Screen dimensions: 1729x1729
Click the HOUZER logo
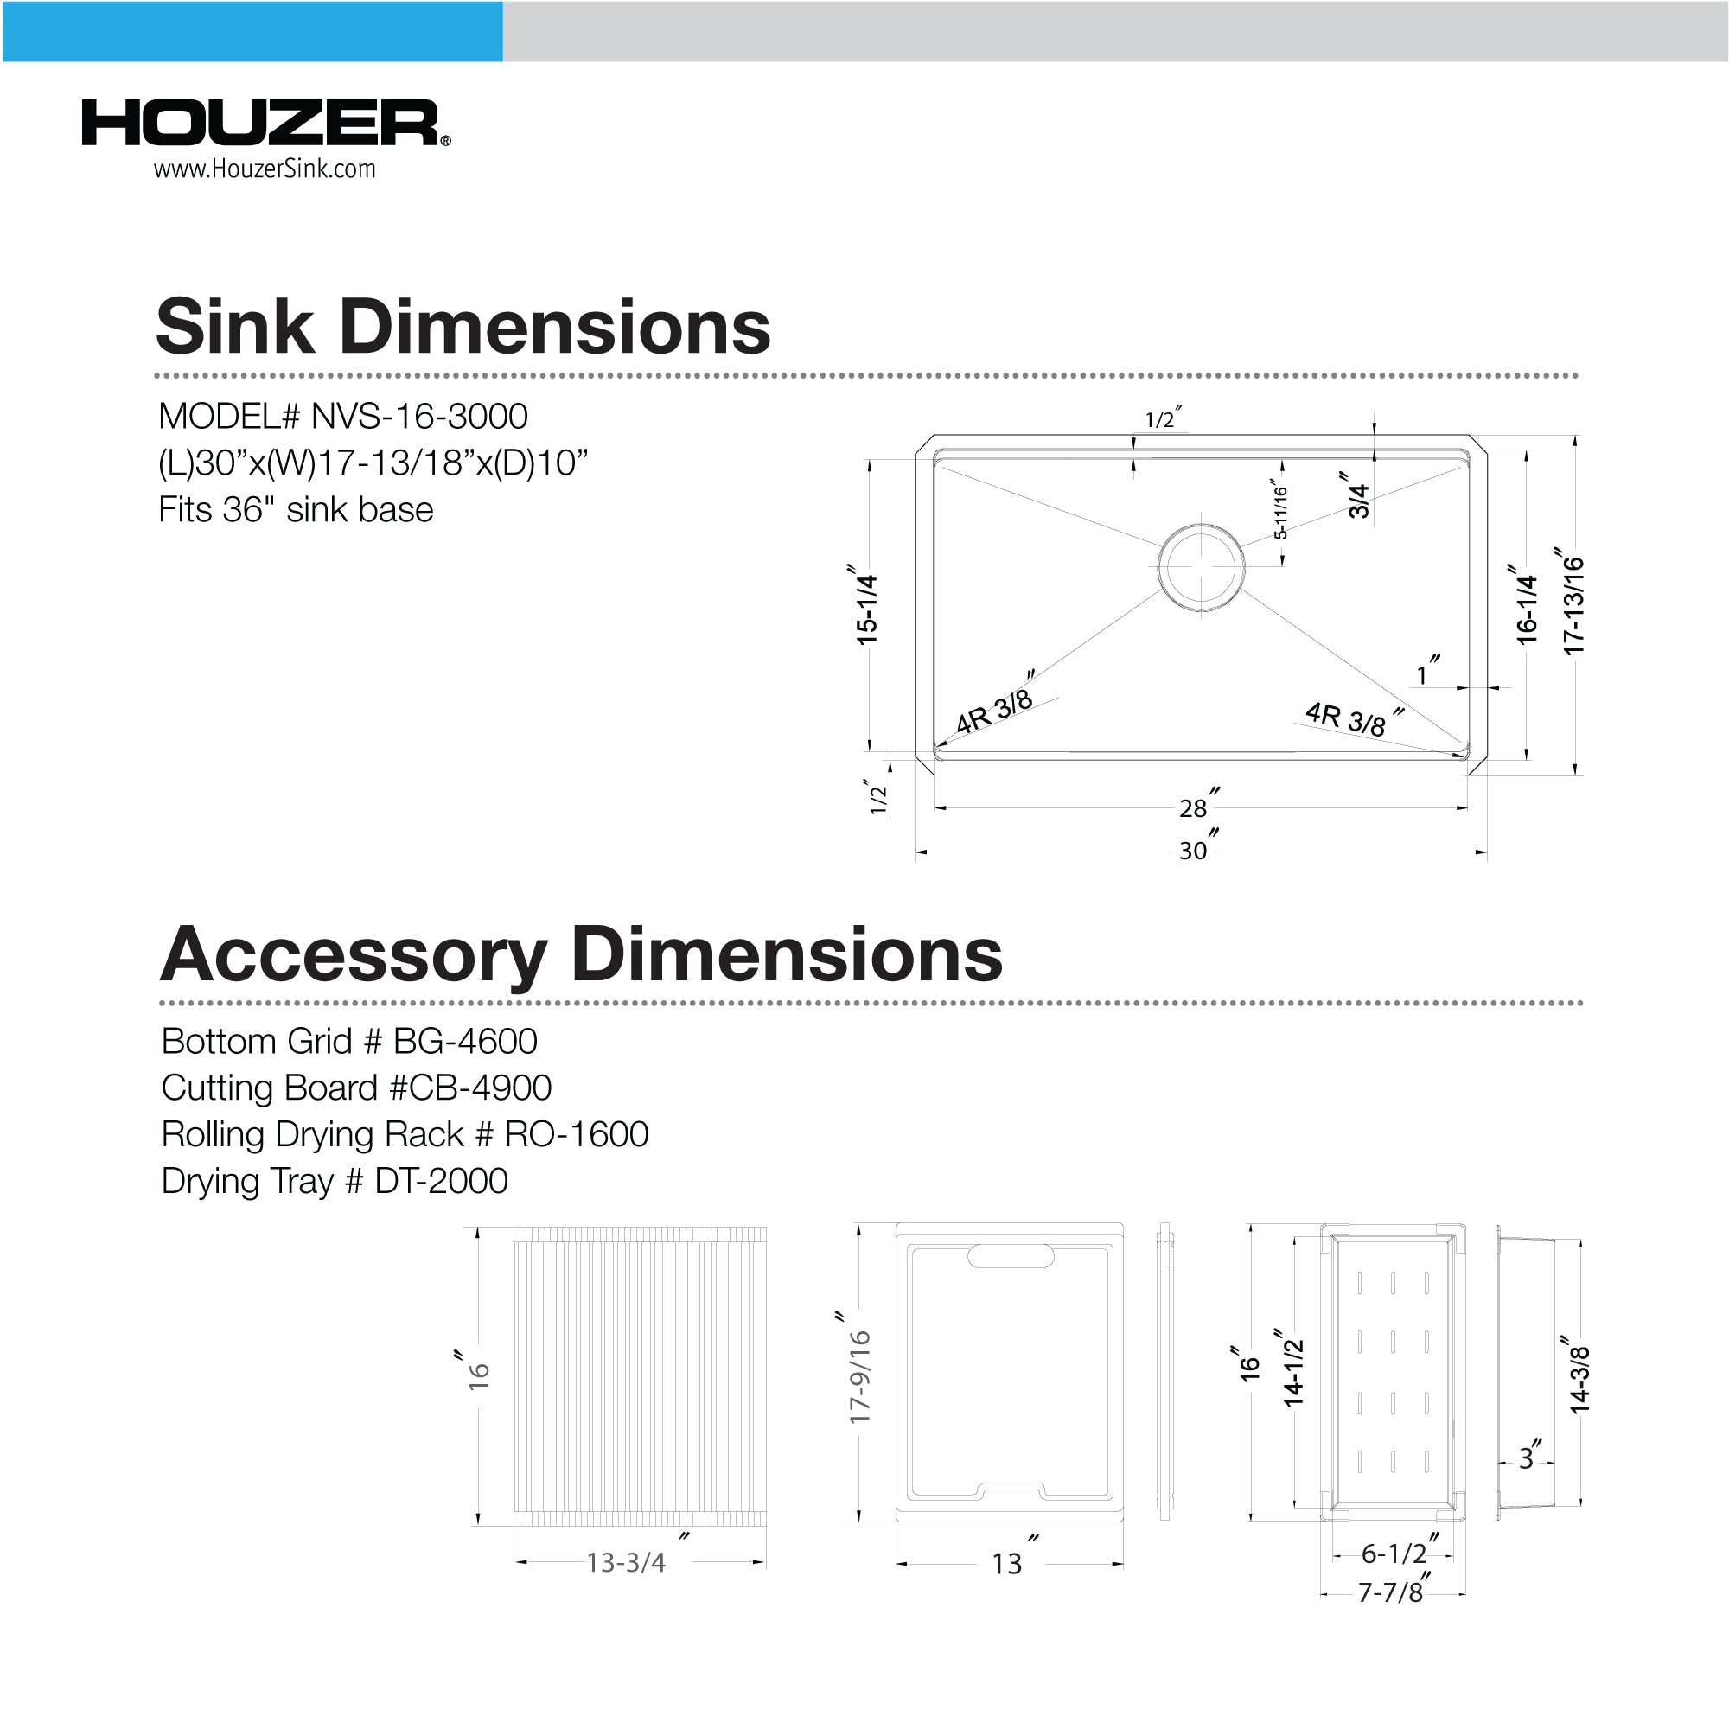265,123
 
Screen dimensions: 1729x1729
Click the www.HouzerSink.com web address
265,169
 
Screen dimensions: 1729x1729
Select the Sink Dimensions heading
462,328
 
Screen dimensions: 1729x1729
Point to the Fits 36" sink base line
296,510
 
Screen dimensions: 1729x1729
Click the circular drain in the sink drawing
1200,567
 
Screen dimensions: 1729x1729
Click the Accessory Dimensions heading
581,955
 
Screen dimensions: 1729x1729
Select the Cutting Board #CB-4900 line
356,1088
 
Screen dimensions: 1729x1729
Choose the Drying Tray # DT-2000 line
334,1181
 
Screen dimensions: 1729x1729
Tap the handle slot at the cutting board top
1011,1255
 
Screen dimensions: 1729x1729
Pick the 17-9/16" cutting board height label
859,1376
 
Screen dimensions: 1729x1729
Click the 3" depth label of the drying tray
1528,1458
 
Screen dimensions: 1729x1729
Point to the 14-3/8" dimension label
1579,1381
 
